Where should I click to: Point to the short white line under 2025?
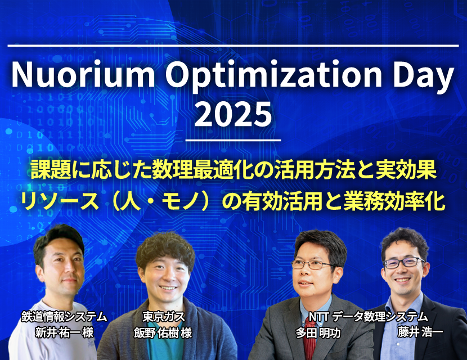233,139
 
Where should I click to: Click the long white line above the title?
233,46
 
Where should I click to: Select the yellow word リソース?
60,201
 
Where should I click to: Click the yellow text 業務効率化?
394,201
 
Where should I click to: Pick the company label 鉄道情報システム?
64,316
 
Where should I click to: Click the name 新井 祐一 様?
64,332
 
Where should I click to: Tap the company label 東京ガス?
164,316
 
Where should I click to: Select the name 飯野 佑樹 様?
163,332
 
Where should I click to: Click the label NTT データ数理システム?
368,317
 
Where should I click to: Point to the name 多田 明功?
318,332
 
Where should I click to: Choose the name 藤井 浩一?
420,332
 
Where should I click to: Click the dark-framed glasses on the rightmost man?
403,262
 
